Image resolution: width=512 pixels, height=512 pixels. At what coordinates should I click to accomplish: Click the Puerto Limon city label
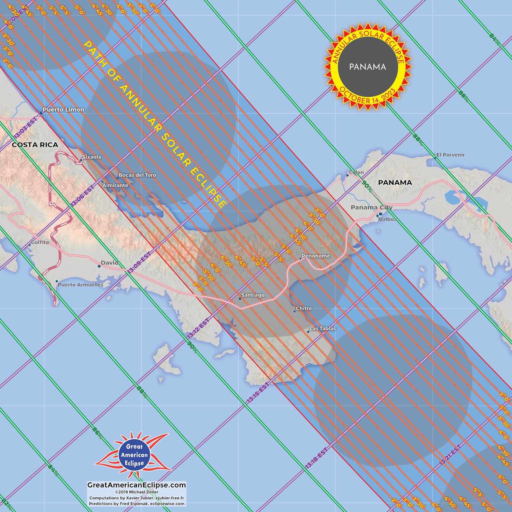click(x=63, y=110)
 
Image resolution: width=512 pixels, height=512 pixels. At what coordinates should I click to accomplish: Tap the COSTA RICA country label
click(x=35, y=145)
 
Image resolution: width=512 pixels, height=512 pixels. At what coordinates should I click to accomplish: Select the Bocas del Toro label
click(x=137, y=175)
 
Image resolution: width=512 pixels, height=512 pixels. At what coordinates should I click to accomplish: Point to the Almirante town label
click(x=115, y=185)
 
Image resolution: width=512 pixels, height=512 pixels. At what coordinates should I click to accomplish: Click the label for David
click(x=110, y=263)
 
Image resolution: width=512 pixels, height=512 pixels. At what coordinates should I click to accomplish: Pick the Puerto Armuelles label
click(x=81, y=285)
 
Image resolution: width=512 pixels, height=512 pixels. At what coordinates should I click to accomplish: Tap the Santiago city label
click(x=253, y=295)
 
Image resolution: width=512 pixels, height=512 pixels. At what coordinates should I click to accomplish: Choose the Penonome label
click(x=316, y=256)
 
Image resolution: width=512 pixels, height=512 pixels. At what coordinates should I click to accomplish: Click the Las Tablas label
click(x=323, y=329)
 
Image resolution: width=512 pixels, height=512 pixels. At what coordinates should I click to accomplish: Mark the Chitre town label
click(x=304, y=309)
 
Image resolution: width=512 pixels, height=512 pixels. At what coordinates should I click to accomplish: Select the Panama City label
click(x=371, y=207)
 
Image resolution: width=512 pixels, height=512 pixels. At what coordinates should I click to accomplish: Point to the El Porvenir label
click(x=451, y=155)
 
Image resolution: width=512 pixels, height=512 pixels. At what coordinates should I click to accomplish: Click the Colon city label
click(x=356, y=172)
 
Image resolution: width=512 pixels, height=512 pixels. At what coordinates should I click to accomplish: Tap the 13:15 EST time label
click(x=258, y=393)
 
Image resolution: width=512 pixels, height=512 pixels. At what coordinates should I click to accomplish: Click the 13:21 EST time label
click(x=450, y=455)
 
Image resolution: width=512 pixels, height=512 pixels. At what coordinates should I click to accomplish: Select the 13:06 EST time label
click(x=82, y=196)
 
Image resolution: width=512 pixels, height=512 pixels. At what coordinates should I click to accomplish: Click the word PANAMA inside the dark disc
click(x=368, y=67)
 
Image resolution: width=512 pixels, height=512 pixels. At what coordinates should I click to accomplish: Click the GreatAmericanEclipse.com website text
click(x=137, y=485)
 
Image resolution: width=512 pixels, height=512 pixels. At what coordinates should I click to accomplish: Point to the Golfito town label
click(x=40, y=242)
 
